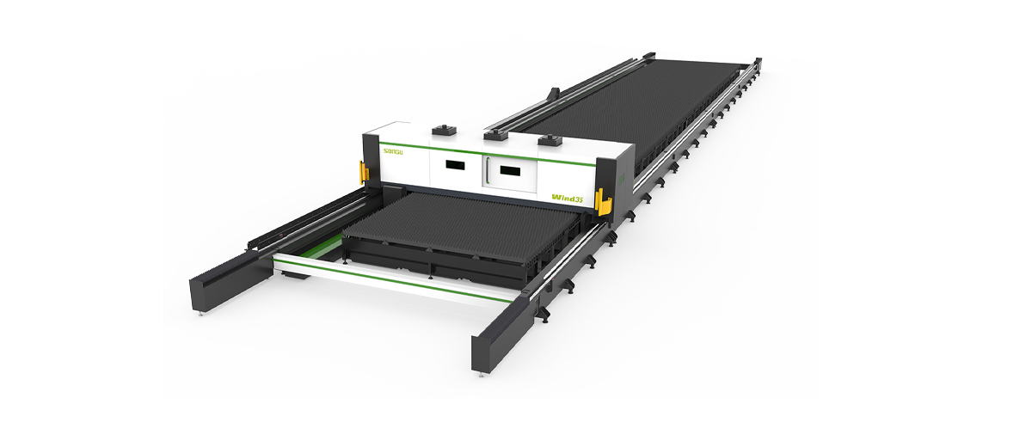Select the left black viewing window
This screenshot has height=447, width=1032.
[x=454, y=164]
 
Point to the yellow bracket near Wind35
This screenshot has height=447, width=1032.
[x=605, y=206]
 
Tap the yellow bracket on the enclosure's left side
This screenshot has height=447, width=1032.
[x=364, y=173]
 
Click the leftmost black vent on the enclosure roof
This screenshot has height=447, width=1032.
[x=445, y=130]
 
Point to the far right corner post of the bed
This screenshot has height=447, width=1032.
[x=757, y=63]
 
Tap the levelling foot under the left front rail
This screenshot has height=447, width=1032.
[x=203, y=315]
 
